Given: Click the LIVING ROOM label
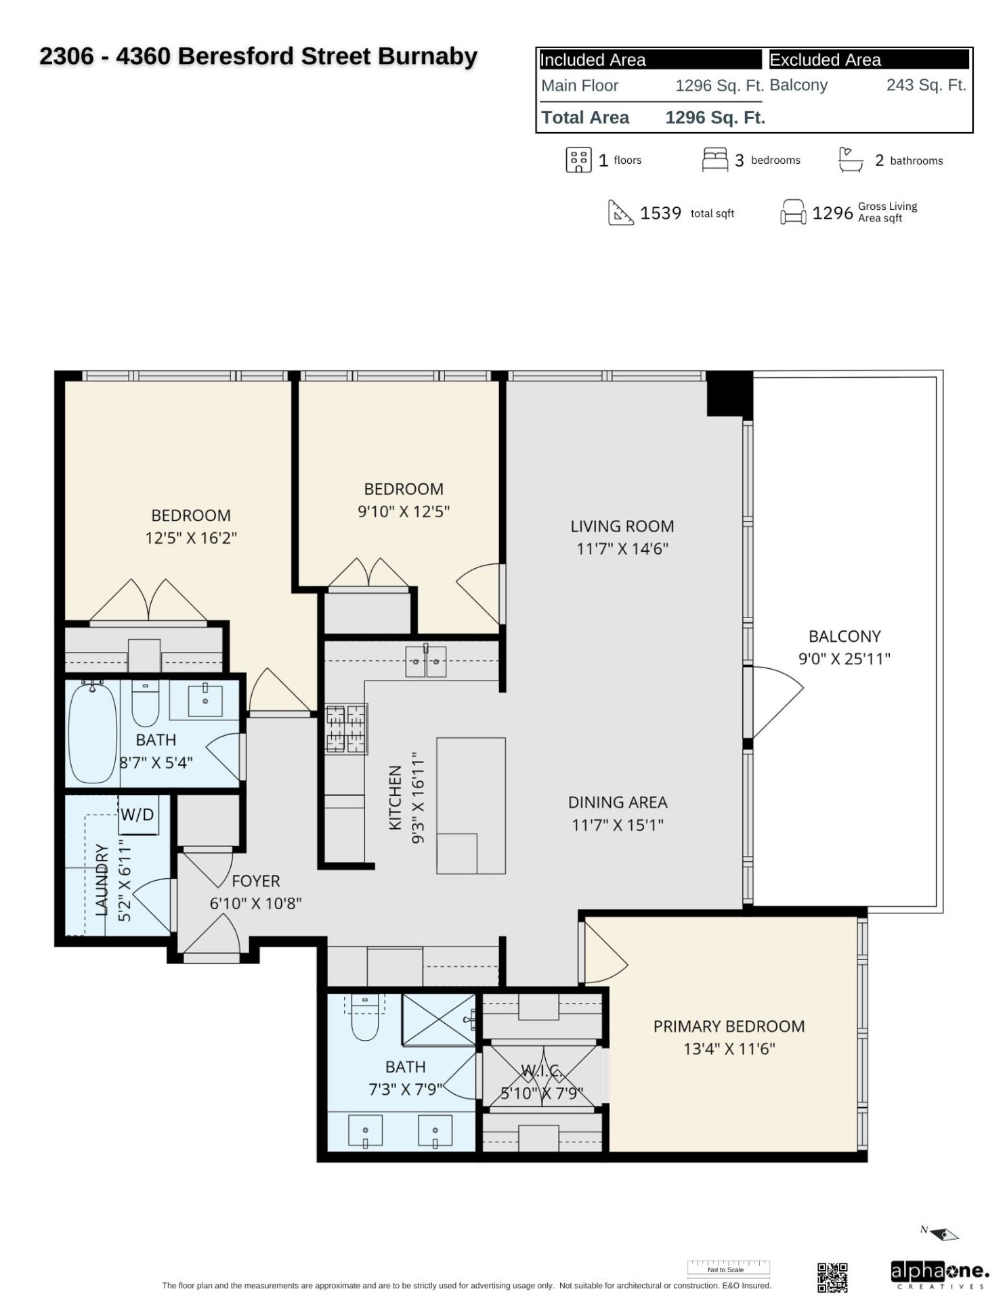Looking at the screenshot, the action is [x=622, y=526].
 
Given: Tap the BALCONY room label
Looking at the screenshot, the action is [x=844, y=636].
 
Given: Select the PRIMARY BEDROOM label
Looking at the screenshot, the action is [x=729, y=1026].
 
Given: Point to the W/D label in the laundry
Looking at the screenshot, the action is [x=137, y=815].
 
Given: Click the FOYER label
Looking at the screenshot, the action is [x=255, y=881].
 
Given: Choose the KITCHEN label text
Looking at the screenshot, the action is [x=395, y=798].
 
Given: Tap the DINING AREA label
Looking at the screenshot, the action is [x=618, y=802].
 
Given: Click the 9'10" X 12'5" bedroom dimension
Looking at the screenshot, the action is [x=404, y=511].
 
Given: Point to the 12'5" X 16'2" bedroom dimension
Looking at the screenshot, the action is [x=191, y=538].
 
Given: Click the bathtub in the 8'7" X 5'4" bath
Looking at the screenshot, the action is [x=93, y=734].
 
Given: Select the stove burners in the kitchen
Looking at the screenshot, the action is [x=346, y=729].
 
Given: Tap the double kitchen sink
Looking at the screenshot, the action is [x=426, y=662].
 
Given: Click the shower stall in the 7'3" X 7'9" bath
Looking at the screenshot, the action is [x=439, y=1020].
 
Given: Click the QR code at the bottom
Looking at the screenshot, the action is [x=832, y=1277].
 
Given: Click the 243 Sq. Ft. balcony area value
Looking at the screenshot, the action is [x=926, y=85].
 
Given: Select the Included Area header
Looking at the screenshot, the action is [x=593, y=60].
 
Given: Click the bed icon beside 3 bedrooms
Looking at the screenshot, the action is [x=715, y=160].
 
